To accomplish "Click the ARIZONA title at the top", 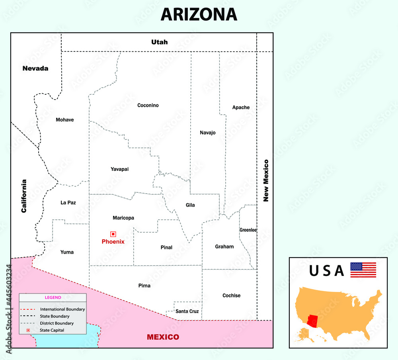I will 199,14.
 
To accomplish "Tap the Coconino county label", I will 148,106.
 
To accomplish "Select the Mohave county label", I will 65,120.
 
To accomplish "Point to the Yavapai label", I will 119,169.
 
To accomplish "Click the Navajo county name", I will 208,133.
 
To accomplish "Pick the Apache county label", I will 241,108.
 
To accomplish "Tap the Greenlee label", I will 248,230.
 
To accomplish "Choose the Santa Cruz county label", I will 187,311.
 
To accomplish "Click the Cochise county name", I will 231,295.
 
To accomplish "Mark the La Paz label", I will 68,203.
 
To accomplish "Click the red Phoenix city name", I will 113,242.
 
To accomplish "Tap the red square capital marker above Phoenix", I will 113,234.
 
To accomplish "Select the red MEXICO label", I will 163,337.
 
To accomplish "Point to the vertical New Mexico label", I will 266,180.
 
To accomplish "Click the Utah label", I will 159,42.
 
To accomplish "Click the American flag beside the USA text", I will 363,270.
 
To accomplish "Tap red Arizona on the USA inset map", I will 313,319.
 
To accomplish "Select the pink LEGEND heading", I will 53,297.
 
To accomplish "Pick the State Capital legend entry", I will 52,330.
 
